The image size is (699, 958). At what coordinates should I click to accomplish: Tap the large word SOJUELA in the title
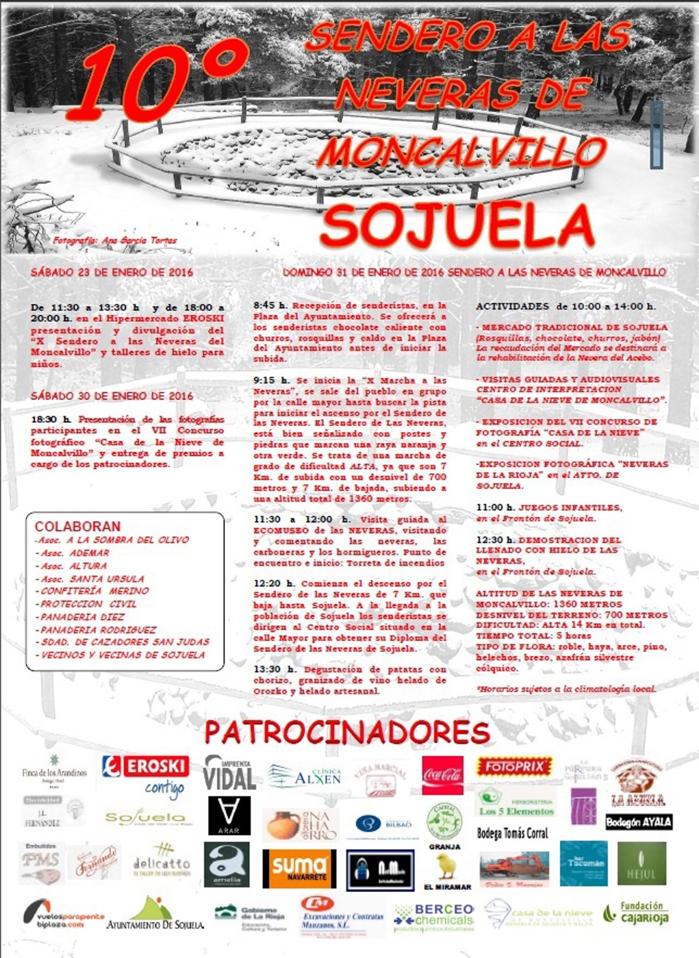pyautogui.click(x=457, y=224)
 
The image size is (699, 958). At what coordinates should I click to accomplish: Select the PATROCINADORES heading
pyautogui.click(x=347, y=732)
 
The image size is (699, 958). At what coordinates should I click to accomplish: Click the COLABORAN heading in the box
pyautogui.click(x=77, y=526)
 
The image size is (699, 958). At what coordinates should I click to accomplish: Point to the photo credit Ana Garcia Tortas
pyautogui.click(x=114, y=240)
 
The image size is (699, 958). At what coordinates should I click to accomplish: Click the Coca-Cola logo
pyautogui.click(x=443, y=775)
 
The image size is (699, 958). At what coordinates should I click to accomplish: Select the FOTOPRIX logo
pyautogui.click(x=514, y=767)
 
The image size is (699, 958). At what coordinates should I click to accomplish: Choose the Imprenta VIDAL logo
pyautogui.click(x=230, y=773)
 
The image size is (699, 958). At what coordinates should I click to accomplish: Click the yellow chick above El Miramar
pyautogui.click(x=447, y=866)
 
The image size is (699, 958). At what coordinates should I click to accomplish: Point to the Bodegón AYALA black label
pyautogui.click(x=638, y=822)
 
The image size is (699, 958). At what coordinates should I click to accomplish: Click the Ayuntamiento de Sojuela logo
pyautogui.click(x=155, y=914)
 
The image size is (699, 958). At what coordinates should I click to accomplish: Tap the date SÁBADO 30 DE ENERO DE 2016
pyautogui.click(x=112, y=396)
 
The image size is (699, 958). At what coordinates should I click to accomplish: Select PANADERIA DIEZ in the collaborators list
pyautogui.click(x=82, y=617)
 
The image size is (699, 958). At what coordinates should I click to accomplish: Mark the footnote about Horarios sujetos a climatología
pyautogui.click(x=566, y=689)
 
